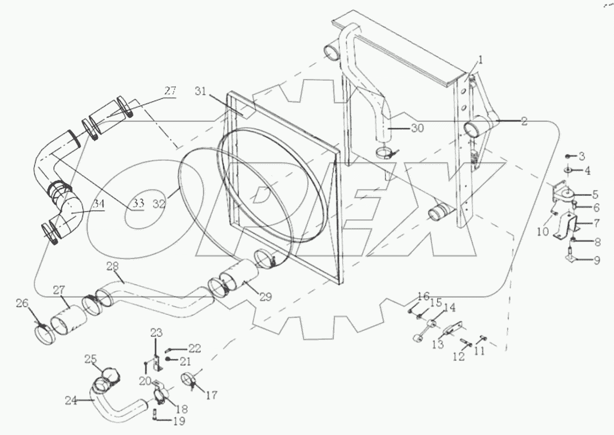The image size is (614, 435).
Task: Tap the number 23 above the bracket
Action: (x=157, y=333)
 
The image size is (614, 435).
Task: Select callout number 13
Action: (x=438, y=344)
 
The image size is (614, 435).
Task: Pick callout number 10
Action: (x=542, y=231)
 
